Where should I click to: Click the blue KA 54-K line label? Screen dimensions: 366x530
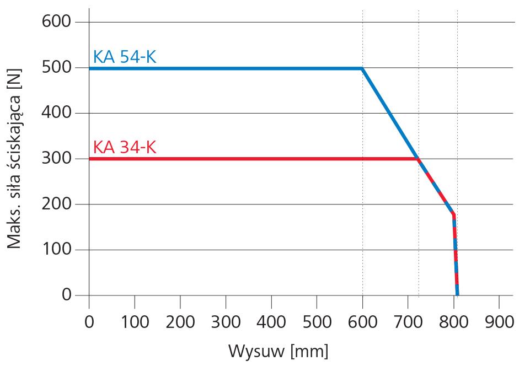(125, 57)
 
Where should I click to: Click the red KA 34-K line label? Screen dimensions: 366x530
(125, 148)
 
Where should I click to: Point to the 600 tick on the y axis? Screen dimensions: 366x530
(57, 23)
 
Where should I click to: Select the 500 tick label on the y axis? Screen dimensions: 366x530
(57, 68)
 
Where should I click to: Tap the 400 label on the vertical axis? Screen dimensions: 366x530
(57, 114)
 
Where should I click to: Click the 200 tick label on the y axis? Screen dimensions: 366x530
(57, 204)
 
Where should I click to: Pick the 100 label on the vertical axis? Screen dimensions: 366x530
(57, 250)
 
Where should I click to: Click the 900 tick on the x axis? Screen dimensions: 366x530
(499, 321)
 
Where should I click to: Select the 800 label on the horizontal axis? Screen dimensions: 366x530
(453, 321)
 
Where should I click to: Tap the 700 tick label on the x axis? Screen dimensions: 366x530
(408, 321)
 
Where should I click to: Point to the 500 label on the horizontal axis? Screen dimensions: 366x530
(317, 321)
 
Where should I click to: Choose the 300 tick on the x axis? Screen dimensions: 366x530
(226, 321)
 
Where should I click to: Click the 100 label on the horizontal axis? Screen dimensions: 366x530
(135, 321)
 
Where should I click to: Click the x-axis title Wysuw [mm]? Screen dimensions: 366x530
(278, 351)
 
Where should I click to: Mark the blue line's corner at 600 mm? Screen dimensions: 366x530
(362, 68)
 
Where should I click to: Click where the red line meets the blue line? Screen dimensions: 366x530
(419, 159)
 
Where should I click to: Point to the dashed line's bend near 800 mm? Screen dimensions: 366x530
(453, 214)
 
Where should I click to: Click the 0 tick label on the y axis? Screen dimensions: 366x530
(66, 295)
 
